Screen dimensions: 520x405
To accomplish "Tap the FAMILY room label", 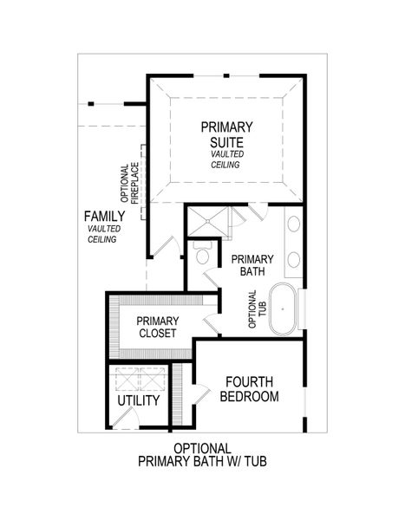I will pos(102,216).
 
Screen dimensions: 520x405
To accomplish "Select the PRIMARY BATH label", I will pos(251,265).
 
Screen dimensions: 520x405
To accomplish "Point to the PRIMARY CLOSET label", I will pos(157,326).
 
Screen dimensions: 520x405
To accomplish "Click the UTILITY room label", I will pos(139,401).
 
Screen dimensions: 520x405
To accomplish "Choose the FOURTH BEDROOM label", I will pos(249,389).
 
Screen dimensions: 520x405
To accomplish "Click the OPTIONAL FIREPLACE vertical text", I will pos(130,184).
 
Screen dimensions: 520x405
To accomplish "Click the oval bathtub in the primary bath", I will pos(284,308).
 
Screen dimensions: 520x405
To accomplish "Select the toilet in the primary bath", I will pos(203,255).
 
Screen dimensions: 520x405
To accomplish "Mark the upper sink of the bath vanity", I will pos(294,224).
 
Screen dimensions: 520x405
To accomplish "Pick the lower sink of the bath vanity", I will pos(294,258).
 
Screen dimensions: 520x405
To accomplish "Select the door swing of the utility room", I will pos(122,418).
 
